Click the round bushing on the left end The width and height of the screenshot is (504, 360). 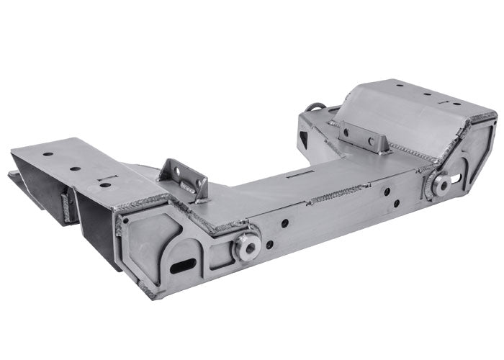point(248,246)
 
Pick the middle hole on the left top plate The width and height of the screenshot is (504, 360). point(75,169)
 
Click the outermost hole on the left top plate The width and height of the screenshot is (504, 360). point(48,154)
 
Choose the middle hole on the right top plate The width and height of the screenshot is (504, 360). point(427,94)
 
